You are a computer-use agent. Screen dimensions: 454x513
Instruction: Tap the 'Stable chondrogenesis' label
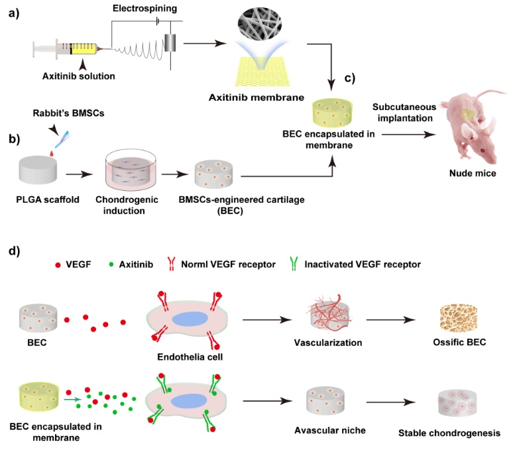pos(449,434)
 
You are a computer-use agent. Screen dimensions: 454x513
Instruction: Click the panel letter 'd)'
pos(14,251)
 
